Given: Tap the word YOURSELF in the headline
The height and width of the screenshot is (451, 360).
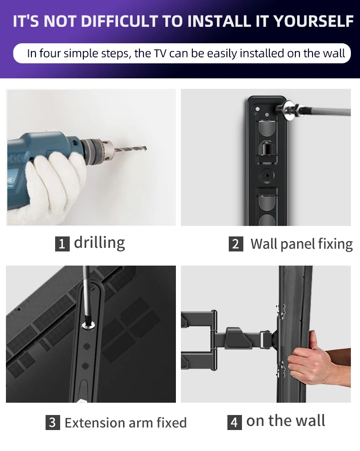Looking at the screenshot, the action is coord(313,21).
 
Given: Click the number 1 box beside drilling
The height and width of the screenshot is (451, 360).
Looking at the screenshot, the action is coord(62,244).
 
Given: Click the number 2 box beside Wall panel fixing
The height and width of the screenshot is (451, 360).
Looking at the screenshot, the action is coord(236,244).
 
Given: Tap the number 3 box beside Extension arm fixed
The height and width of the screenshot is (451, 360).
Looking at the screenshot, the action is coord(53,422).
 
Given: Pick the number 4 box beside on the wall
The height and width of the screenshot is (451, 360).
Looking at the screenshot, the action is coord(235,422).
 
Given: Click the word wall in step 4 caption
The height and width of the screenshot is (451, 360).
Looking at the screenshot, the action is coord(310,420).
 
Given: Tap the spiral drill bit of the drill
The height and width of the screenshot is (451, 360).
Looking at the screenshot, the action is coord(131,149).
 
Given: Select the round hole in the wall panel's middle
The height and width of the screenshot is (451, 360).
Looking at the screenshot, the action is coord(267,175).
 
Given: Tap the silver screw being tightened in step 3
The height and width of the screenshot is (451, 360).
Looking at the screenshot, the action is coord(87,326).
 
